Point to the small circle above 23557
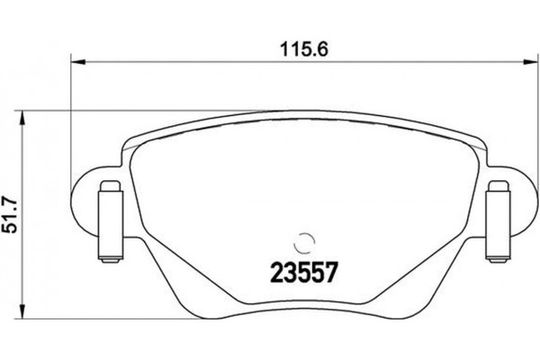304,241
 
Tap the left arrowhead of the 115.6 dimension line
77,62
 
